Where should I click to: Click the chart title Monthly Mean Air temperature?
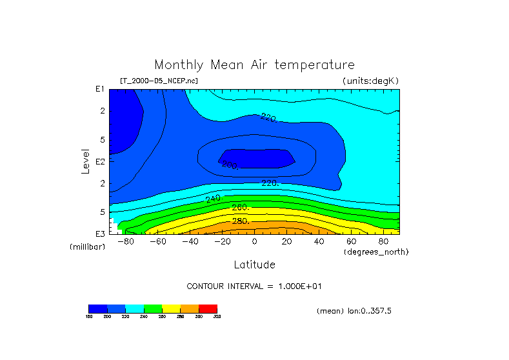[x=254, y=65]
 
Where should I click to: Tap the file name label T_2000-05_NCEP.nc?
[x=159, y=81]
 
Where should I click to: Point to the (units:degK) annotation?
[x=371, y=81]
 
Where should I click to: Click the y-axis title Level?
[x=86, y=160]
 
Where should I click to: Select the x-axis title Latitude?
[x=254, y=265]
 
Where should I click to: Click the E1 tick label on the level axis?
[x=101, y=89]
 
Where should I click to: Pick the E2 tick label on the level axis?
[x=101, y=161]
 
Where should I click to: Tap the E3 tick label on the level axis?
[x=101, y=234]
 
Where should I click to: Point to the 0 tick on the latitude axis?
[x=255, y=241]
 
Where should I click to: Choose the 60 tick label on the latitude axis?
[x=352, y=241]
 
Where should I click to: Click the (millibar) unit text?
[x=87, y=247]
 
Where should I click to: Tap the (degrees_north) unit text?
[x=376, y=251]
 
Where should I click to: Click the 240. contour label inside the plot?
[x=214, y=198]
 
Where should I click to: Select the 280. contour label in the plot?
[x=241, y=221]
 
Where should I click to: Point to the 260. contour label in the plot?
[x=241, y=208]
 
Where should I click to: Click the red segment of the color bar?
[x=208, y=308]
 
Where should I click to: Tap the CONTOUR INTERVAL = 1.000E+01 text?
[x=254, y=286]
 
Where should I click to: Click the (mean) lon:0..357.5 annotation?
[x=354, y=311]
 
